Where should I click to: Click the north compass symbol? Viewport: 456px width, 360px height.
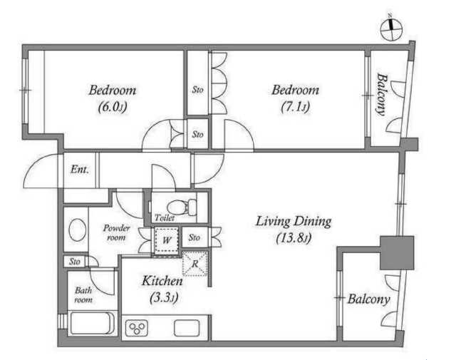(391, 29)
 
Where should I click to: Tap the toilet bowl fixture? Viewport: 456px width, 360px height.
(182, 207)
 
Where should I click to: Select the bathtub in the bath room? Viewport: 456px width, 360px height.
(91, 324)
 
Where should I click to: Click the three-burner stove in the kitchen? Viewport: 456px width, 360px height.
(137, 329)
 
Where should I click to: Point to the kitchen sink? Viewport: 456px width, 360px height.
(187, 328)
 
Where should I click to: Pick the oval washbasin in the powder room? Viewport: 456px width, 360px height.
(78, 230)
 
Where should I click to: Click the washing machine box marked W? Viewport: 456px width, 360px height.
(166, 240)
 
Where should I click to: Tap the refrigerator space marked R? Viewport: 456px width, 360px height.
(195, 264)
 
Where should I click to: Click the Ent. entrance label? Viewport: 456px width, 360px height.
(79, 169)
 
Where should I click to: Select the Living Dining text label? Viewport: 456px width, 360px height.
(294, 222)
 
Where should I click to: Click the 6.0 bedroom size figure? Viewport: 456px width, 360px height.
(113, 108)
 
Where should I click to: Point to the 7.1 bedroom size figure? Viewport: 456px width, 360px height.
(295, 107)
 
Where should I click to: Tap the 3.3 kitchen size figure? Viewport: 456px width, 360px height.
(163, 298)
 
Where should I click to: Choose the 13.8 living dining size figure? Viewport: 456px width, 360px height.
(294, 238)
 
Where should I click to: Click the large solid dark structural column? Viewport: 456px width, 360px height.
(397, 252)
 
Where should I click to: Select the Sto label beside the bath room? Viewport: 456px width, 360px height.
(75, 262)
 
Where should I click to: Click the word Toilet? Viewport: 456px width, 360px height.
(165, 217)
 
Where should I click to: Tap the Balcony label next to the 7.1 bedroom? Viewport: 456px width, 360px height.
(382, 95)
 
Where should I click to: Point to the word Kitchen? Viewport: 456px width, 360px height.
(162, 281)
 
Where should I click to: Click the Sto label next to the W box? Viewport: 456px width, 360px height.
(194, 237)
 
